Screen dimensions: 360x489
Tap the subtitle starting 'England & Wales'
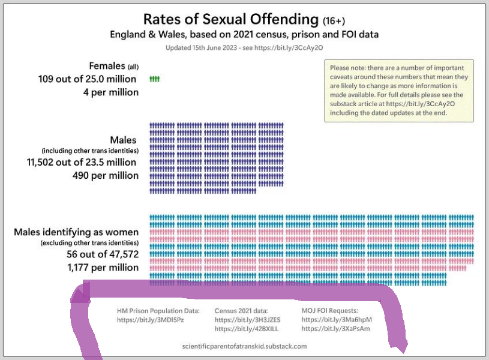[244, 34]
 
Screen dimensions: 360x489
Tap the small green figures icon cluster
[155, 79]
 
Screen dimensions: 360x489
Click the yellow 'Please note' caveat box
[399, 91]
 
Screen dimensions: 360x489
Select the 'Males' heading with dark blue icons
[124, 140]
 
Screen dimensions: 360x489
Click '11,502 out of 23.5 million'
[82, 162]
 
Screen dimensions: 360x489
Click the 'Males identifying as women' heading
[76, 232]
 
